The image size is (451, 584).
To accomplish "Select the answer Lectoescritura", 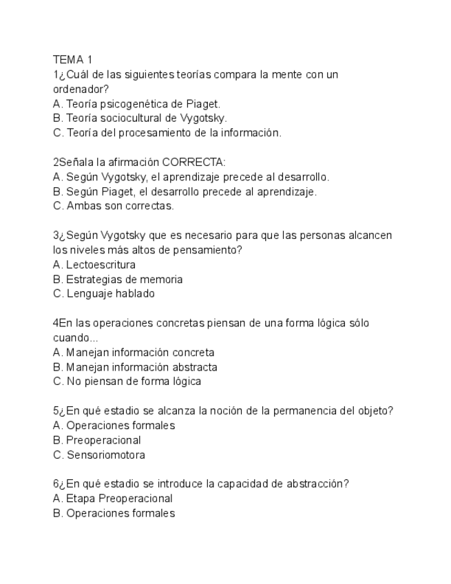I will (x=101, y=264).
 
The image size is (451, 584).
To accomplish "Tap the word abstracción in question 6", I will (x=317, y=484).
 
